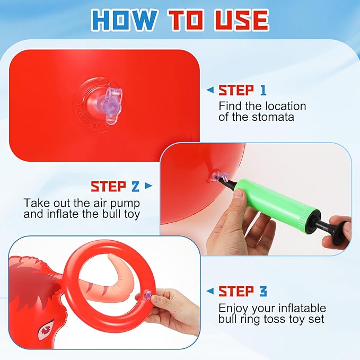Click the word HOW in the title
click(124, 20)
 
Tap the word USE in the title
click(241, 20)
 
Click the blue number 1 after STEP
click(263, 90)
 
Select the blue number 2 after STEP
click(135, 186)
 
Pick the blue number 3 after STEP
click(264, 292)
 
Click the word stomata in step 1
click(273, 117)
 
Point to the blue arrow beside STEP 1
click(210, 90)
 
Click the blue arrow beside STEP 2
click(149, 186)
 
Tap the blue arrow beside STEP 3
click(210, 291)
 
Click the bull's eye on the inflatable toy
click(47, 330)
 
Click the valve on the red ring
click(147, 295)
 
